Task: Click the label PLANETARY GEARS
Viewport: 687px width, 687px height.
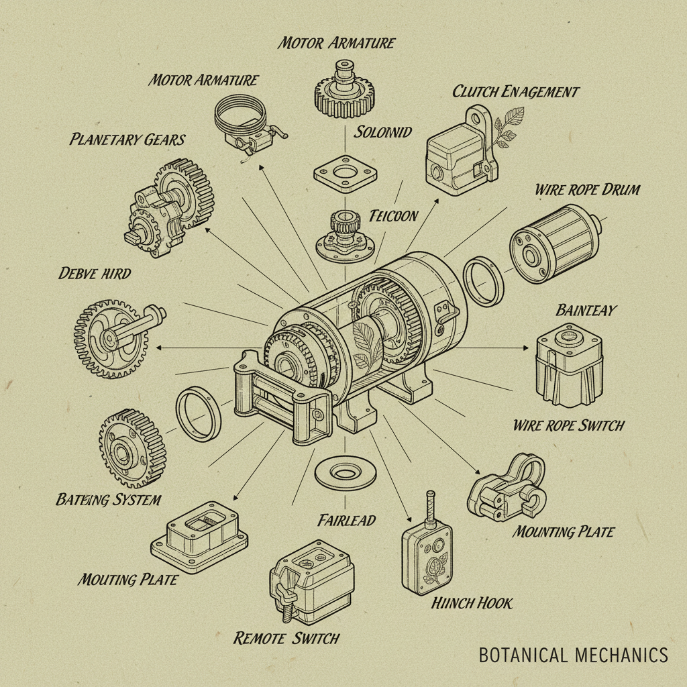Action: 127,140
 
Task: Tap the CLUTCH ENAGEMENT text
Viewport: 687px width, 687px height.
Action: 515,91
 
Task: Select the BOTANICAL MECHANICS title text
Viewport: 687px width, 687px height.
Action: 573,655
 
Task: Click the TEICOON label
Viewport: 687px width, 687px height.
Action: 393,216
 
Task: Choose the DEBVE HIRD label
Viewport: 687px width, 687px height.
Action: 95,273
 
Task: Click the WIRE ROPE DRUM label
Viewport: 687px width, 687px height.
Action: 588,189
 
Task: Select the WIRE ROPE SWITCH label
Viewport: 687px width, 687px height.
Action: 568,425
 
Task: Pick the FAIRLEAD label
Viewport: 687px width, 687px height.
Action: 346,520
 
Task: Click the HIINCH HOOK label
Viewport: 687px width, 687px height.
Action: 472,603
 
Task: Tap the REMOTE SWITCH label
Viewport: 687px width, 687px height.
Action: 286,638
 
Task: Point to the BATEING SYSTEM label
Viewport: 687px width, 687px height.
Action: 108,500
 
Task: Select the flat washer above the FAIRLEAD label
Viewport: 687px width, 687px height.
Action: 345,474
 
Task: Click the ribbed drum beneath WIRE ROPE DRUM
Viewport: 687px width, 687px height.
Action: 553,240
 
